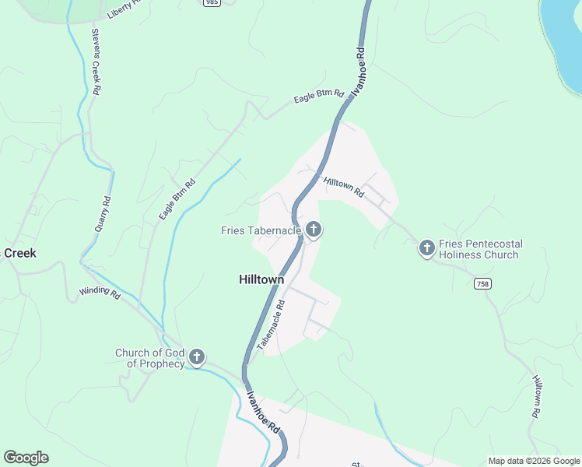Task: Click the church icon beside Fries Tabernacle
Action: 313,229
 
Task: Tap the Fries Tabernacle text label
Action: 261,230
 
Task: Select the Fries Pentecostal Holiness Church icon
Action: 426,248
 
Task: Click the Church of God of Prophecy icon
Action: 197,357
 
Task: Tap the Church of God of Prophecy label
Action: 150,358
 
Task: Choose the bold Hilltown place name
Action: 261,279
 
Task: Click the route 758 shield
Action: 482,284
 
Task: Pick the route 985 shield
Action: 212,3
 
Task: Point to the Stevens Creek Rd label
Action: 96,62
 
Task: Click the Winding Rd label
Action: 100,293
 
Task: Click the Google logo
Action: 26,458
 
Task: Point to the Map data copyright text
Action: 533,461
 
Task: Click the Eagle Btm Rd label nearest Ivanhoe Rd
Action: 318,96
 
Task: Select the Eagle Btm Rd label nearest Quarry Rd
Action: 177,199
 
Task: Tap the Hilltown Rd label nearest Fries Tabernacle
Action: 343,187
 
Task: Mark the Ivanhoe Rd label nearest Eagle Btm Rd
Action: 358,72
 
